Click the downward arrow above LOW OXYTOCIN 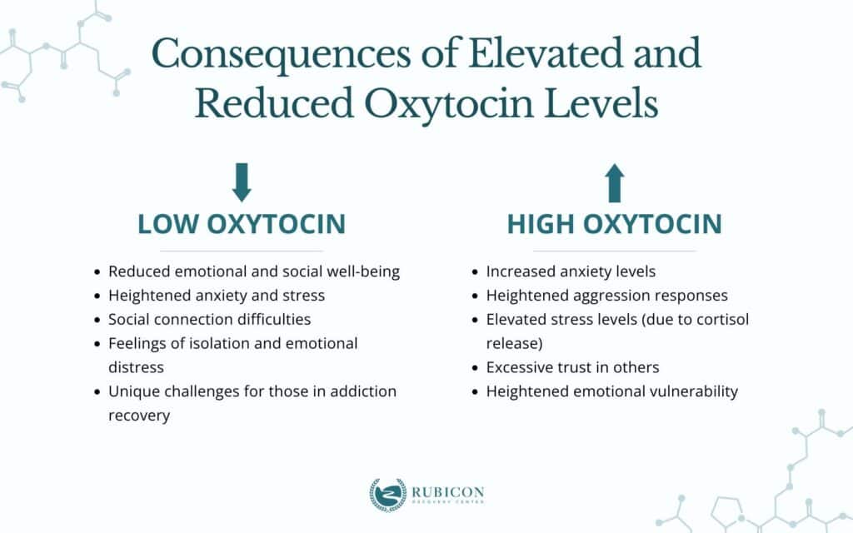242,182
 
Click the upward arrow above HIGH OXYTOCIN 615,182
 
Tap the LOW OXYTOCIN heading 242,224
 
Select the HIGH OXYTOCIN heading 614,224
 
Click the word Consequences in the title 281,54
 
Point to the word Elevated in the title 546,52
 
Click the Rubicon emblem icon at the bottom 388,495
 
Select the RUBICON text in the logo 447,492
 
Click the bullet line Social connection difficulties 209,319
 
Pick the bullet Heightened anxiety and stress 217,296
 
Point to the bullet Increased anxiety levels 571,271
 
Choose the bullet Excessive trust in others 572,367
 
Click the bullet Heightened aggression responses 606,296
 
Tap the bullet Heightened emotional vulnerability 612,391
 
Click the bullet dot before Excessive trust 475,367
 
